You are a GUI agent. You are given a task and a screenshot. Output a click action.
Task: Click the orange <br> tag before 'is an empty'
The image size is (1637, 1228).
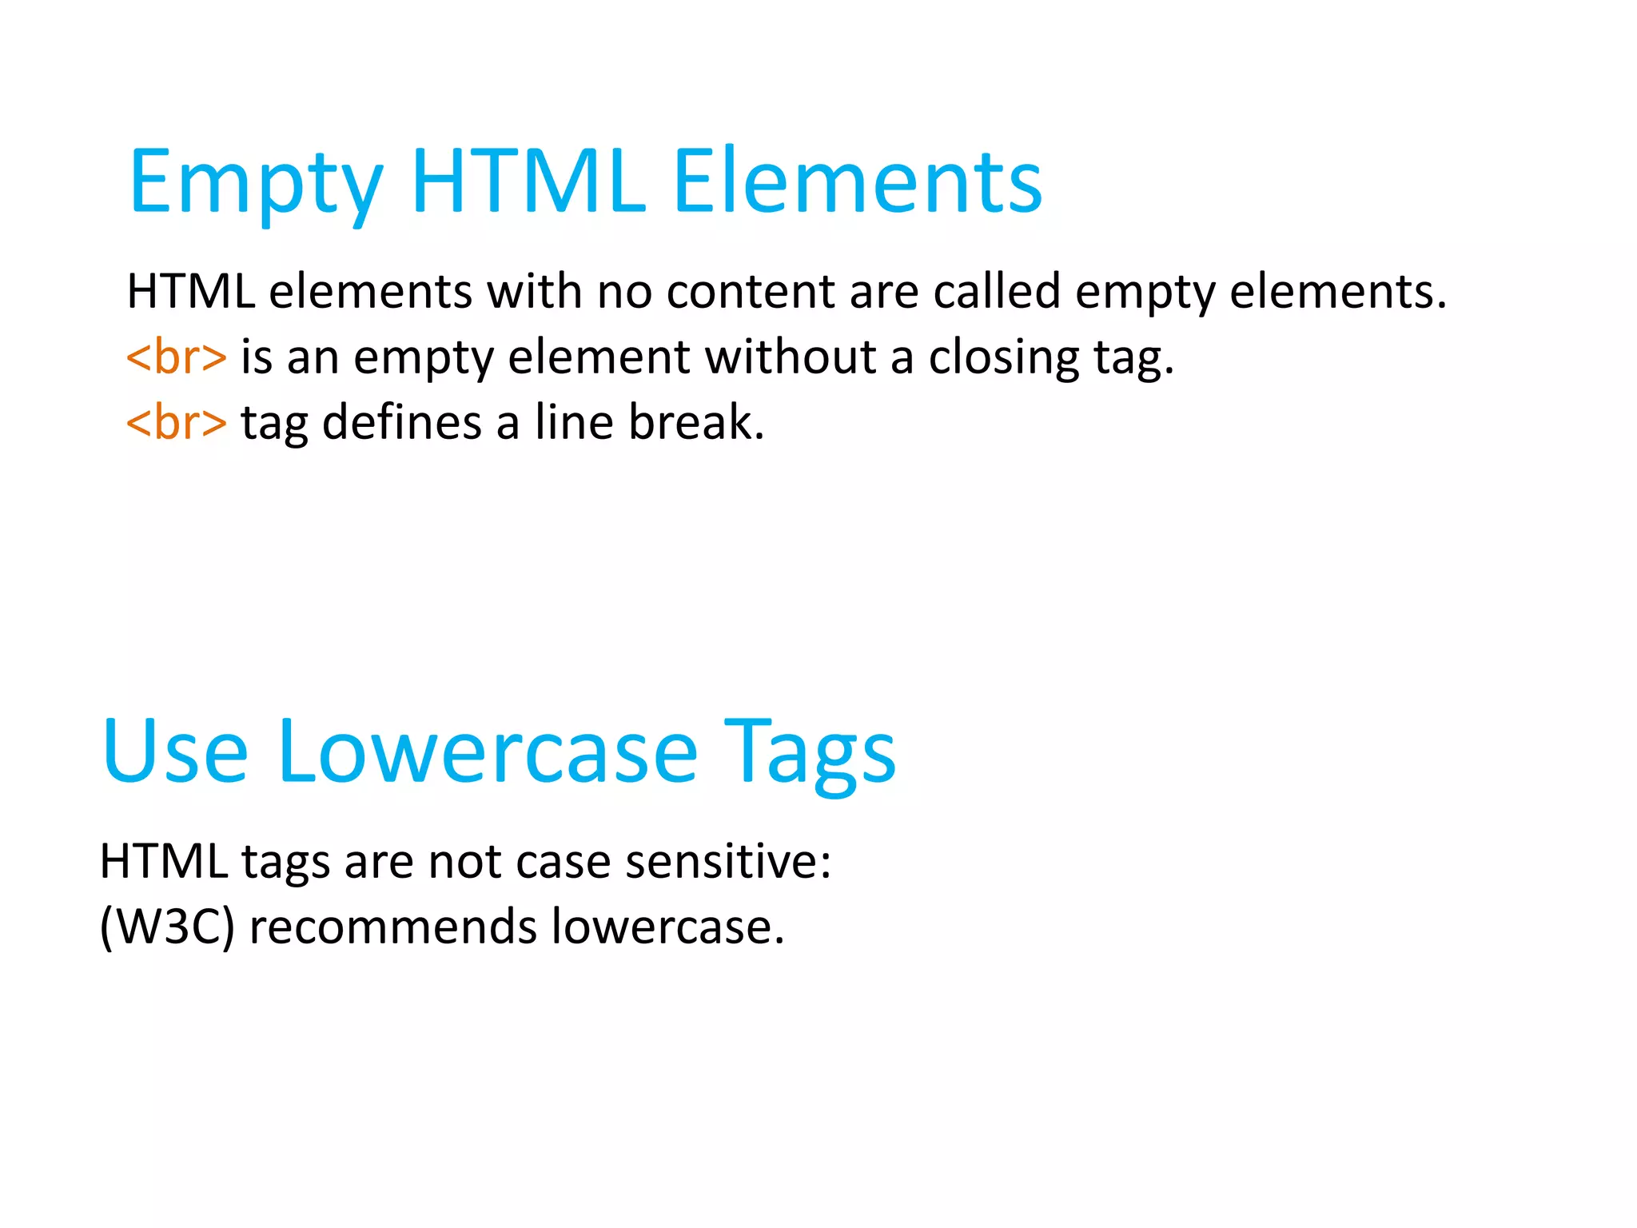176,357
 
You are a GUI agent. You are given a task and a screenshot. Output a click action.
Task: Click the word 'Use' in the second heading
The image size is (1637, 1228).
175,752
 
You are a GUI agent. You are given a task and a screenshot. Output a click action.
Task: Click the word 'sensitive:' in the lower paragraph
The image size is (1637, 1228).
728,862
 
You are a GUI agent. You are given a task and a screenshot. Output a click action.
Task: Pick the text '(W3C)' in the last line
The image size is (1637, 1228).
167,927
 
